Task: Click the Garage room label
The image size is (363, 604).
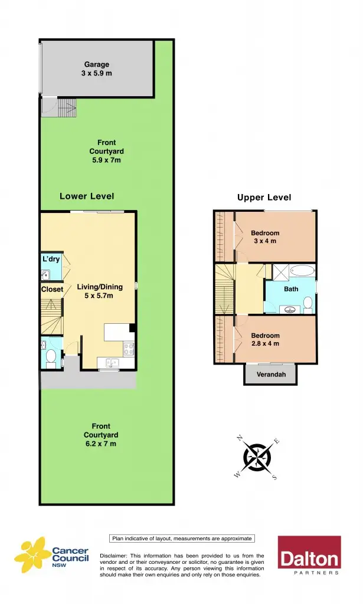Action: point(96,65)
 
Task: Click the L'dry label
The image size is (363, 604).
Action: point(50,260)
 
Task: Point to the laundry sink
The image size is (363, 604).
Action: point(46,274)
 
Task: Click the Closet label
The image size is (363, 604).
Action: point(51,290)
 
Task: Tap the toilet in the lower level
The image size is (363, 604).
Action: point(51,356)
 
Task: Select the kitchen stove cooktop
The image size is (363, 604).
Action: point(128,349)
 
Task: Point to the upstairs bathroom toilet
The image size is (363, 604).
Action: point(308,303)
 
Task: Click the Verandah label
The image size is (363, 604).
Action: point(271,375)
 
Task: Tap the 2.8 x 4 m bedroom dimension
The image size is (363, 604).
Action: point(265,343)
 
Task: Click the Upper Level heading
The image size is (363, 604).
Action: point(264,198)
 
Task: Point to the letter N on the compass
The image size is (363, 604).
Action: point(240,438)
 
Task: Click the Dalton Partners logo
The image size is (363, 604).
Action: point(309,556)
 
